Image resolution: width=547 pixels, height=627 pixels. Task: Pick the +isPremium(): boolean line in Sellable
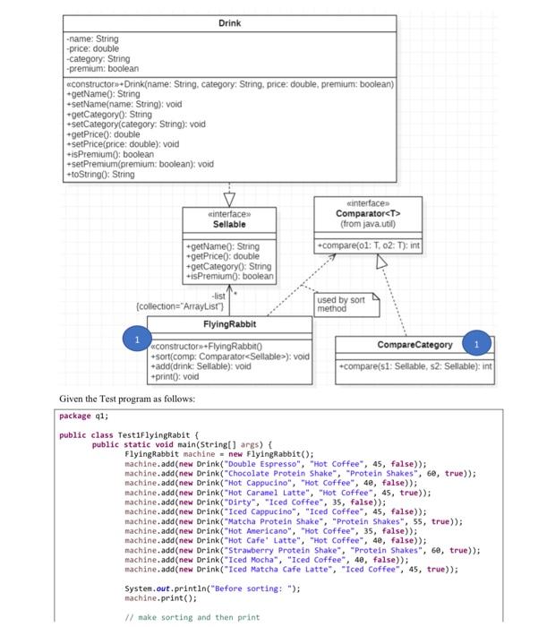pyautogui.click(x=228, y=275)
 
